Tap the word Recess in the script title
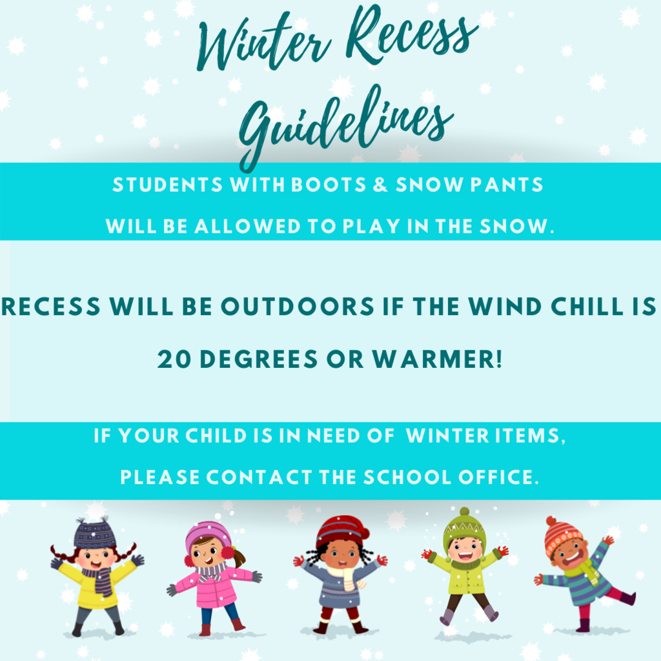(x=411, y=36)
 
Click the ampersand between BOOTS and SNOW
(x=380, y=185)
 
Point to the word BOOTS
(x=329, y=185)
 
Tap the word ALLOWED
(x=247, y=227)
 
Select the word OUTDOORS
(x=298, y=307)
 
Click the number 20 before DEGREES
(x=174, y=360)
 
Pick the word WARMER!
(x=437, y=360)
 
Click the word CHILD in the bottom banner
(x=216, y=436)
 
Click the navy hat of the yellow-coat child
(x=94, y=533)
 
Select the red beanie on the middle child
(x=342, y=531)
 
